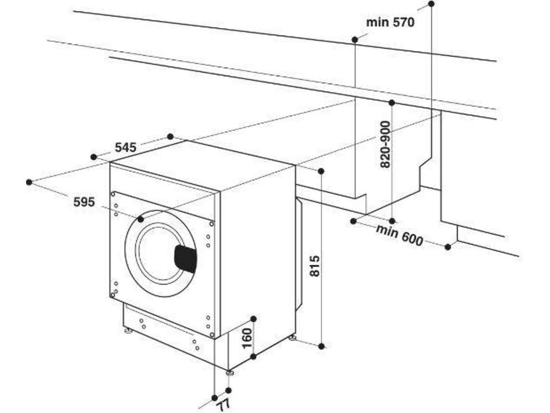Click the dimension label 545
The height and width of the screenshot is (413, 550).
click(x=126, y=147)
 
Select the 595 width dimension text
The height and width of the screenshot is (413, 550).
click(x=84, y=202)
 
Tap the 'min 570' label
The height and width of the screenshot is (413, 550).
click(x=390, y=22)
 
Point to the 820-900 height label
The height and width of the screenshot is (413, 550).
click(x=385, y=144)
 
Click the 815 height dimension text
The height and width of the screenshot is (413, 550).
click(x=314, y=266)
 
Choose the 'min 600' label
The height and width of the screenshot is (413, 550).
click(x=399, y=235)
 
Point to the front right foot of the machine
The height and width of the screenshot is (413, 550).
click(x=229, y=372)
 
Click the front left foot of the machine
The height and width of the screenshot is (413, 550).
click(x=128, y=331)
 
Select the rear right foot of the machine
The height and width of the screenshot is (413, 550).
click(x=292, y=337)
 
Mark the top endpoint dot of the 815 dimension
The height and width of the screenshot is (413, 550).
click(x=321, y=171)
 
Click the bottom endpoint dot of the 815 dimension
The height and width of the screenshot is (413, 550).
click(x=322, y=345)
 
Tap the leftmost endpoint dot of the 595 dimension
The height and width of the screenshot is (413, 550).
click(x=29, y=182)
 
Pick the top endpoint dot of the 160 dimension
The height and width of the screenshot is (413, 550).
click(x=254, y=319)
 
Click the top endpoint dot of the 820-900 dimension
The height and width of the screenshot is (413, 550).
click(x=392, y=102)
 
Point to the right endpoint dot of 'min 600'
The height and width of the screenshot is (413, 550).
click(x=448, y=247)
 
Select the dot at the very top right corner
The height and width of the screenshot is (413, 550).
click(x=431, y=4)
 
